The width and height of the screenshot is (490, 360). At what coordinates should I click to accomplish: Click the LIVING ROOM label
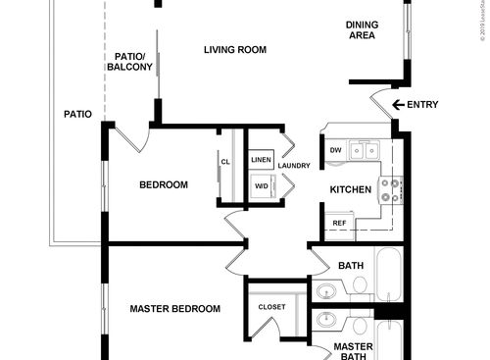tap(235, 50)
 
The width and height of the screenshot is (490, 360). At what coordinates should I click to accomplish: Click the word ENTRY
tap(423, 105)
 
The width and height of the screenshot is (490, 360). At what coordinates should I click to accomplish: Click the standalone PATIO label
tap(77, 115)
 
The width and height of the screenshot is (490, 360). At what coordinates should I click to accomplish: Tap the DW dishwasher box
tap(335, 150)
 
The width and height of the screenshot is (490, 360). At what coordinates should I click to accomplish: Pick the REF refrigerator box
tap(339, 224)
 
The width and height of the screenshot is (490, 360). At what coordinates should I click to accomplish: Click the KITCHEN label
tap(349, 189)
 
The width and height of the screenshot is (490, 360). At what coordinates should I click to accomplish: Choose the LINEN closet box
tap(261, 159)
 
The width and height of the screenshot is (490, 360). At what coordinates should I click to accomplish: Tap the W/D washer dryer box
tap(261, 186)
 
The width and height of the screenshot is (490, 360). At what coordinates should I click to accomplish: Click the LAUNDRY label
tap(294, 166)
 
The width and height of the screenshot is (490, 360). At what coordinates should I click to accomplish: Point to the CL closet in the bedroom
tap(225, 163)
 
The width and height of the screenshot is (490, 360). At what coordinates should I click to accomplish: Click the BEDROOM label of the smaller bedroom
tap(163, 184)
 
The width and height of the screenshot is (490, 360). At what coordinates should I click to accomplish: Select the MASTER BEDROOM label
tap(175, 309)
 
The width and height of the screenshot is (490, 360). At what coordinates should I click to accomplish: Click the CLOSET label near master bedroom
tap(271, 307)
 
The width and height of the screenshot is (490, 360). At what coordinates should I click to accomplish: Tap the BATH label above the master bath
tap(351, 266)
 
